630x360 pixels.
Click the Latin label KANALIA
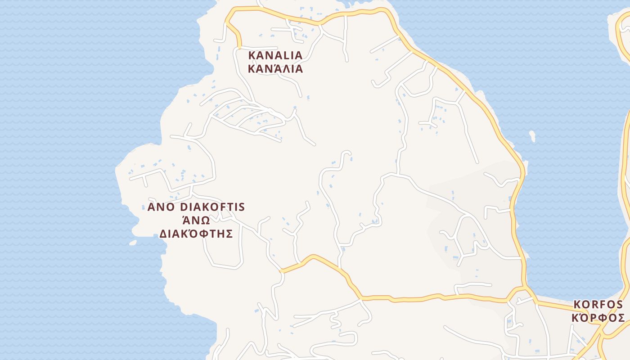275,55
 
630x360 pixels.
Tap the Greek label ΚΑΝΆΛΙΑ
275,69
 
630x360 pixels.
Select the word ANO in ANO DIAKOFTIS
162,207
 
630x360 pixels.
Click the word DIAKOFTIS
212,207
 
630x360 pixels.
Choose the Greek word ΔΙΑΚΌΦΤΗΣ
196,234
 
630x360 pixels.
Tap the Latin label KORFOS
598,305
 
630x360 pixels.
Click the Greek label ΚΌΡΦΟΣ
598,318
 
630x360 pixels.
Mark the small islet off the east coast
532,135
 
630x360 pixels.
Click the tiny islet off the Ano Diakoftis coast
133,243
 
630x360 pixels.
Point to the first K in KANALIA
252,55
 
